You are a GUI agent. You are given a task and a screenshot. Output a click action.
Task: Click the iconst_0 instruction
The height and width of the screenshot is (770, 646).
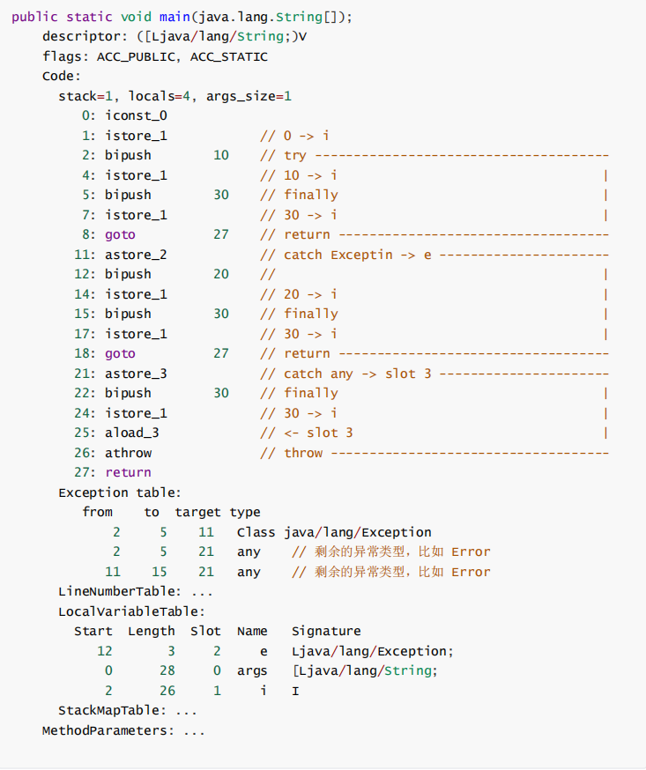click(x=136, y=115)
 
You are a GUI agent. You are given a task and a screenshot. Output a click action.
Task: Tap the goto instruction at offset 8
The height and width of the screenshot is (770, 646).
click(x=120, y=234)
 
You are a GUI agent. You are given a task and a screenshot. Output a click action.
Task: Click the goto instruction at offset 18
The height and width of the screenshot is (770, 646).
click(x=120, y=353)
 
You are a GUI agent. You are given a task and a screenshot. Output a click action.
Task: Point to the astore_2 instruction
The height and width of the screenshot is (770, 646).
click(x=136, y=255)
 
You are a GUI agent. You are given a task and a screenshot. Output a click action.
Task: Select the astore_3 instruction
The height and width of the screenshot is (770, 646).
click(x=136, y=374)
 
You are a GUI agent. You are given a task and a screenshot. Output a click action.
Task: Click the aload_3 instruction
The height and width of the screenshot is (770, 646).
click(x=132, y=433)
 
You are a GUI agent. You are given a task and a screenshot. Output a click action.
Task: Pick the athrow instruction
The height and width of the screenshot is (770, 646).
click(x=128, y=453)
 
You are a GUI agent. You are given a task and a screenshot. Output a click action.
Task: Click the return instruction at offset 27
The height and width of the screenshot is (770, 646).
click(x=128, y=472)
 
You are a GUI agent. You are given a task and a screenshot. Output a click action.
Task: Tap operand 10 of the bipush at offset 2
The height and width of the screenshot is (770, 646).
click(x=220, y=155)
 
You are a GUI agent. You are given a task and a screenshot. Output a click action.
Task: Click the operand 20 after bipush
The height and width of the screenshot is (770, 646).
click(x=220, y=274)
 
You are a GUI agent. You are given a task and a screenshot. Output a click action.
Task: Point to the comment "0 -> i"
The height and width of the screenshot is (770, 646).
click(x=306, y=136)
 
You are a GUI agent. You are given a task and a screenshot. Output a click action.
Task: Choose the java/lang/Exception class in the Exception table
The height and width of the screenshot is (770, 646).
click(x=358, y=532)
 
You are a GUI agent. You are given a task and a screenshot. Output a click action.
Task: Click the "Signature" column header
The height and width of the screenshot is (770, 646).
click(x=326, y=631)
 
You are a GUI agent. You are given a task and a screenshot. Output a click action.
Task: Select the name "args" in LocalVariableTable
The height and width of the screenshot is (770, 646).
click(x=252, y=670)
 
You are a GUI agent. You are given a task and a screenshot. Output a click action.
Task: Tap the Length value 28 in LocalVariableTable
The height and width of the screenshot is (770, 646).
click(x=167, y=670)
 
